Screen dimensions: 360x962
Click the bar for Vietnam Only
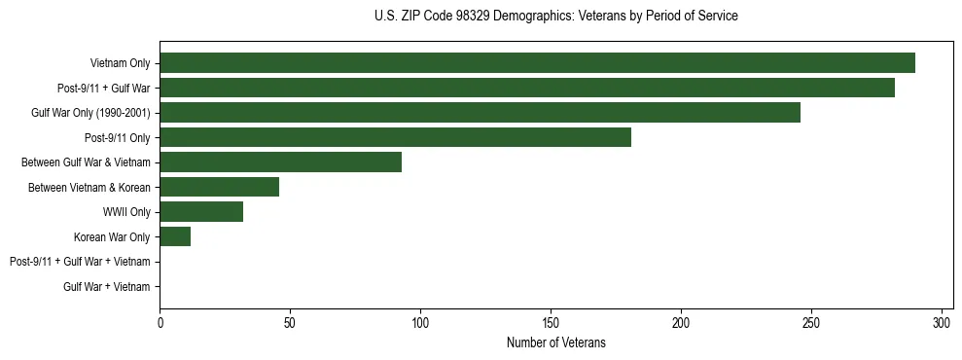click(537, 63)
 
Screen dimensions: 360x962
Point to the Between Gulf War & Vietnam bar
click(280, 162)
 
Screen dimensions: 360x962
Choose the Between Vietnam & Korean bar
click(219, 187)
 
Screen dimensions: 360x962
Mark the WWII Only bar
click(201, 212)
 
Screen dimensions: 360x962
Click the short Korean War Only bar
click(175, 236)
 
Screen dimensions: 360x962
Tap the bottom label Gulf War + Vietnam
click(107, 286)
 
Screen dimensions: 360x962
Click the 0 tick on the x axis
click(160, 322)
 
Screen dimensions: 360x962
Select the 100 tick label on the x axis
click(420, 322)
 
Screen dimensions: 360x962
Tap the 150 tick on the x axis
click(551, 322)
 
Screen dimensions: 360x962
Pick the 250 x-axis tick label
click(811, 322)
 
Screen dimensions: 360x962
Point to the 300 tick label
click(942, 322)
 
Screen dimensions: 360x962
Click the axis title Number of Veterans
click(555, 342)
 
